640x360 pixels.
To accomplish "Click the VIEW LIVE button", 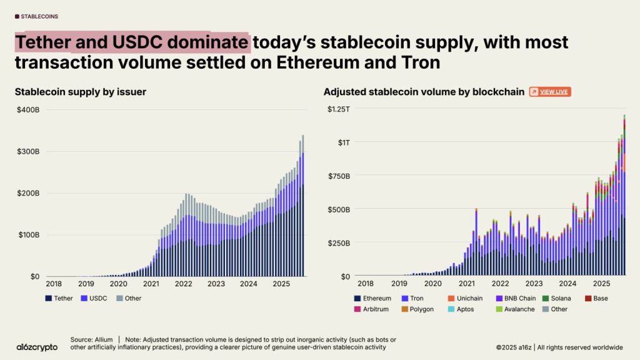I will (550, 92).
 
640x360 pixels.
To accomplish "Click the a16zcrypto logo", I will (37, 347).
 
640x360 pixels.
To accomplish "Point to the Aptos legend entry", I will (466, 309).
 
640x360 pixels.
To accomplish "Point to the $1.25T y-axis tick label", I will (339, 109).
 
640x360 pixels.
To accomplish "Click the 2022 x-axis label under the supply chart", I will (183, 283).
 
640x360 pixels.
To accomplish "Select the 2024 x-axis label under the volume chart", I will (569, 283).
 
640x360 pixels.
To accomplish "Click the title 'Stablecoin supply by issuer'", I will (80, 92).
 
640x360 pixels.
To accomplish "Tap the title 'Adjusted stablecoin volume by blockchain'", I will (424, 92).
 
